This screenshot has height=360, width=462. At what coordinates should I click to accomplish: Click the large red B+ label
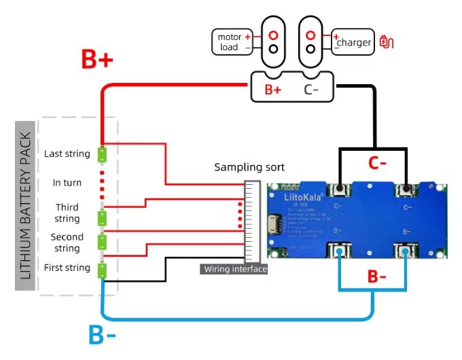97,60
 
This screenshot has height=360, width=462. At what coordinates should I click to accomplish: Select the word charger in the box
354,43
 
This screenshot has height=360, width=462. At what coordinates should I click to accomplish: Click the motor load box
230,42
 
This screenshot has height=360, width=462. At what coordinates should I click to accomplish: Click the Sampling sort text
249,167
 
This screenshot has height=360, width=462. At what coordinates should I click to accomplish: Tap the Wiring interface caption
235,270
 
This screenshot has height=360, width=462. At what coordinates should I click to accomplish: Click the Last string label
67,154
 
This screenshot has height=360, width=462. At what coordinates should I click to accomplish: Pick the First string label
67,268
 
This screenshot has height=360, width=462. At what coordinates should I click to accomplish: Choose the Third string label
67,213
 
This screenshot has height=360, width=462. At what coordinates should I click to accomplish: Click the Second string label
67,242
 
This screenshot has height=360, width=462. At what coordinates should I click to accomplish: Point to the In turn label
67,183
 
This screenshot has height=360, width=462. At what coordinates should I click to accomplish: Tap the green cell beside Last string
102,155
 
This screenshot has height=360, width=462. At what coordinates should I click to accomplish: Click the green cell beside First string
102,270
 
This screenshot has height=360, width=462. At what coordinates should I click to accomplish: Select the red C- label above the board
378,163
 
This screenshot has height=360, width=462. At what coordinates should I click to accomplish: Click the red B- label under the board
376,277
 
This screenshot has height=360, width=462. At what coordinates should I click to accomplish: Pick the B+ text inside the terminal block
273,89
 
